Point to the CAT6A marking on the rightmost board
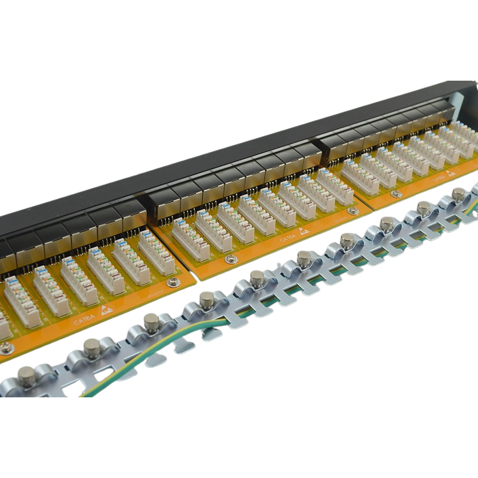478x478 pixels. (438, 177)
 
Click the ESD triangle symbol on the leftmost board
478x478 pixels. (106, 310)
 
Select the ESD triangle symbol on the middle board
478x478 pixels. (305, 231)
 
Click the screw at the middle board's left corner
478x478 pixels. (229, 259)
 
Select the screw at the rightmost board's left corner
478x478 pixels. (396, 194)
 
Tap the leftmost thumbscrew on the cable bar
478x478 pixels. (26, 376)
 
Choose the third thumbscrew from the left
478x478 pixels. (151, 321)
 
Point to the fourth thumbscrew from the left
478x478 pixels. (207, 298)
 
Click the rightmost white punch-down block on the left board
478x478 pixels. (156, 253)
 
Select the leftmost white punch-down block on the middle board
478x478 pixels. (191, 240)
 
